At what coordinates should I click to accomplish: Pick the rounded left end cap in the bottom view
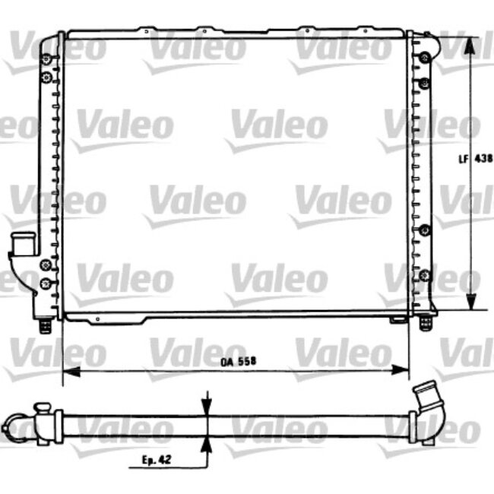(11, 424)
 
